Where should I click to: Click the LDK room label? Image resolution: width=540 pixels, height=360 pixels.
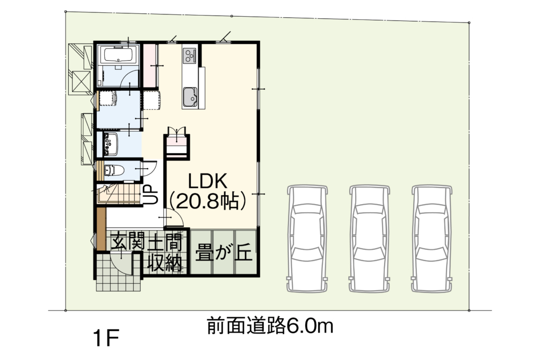click(207, 181)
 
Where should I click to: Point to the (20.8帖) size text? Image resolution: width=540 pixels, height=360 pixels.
click(208, 200)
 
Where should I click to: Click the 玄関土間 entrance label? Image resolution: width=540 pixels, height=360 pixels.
click(146, 242)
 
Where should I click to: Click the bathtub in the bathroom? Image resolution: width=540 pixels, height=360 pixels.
click(118, 56)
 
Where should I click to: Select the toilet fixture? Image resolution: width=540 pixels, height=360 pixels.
click(113, 170)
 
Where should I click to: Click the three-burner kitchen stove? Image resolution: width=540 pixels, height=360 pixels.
click(189, 55)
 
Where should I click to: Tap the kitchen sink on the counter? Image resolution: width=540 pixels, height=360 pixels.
click(190, 97)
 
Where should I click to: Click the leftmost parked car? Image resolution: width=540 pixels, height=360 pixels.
click(307, 239)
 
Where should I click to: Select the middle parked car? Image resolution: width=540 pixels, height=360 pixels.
click(369, 239)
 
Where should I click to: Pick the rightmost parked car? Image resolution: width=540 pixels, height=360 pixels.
click(431, 239)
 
